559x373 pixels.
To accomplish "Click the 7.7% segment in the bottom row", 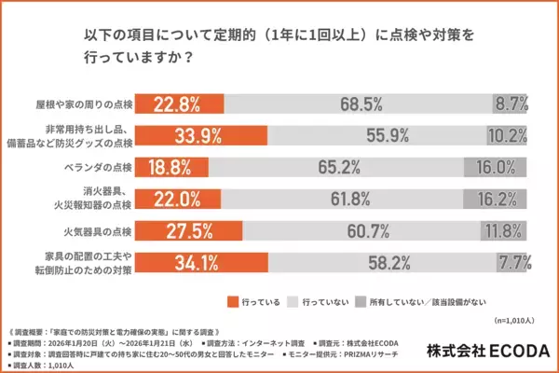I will tap(515, 266).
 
